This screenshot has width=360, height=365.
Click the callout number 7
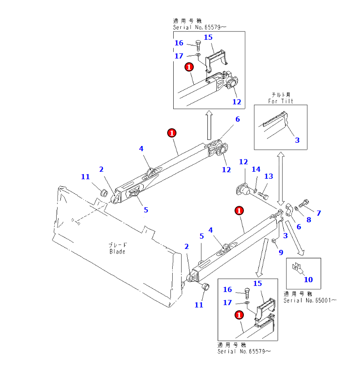319,213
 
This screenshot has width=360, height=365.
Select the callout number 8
308,219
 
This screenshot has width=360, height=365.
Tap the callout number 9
280,252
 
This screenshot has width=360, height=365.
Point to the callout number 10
308,279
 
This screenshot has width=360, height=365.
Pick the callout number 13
268,176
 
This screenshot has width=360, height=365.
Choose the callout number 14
256,169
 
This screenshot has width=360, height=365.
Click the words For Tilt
281,101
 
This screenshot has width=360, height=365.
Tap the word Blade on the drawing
118,251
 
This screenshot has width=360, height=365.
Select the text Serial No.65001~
309,300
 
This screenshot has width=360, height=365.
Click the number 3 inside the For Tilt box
297,140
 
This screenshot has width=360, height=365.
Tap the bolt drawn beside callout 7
303,204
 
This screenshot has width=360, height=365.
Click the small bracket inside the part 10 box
297,267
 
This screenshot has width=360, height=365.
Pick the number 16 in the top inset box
179,43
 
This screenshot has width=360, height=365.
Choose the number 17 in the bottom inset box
227,303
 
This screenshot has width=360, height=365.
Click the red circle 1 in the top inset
189,67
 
